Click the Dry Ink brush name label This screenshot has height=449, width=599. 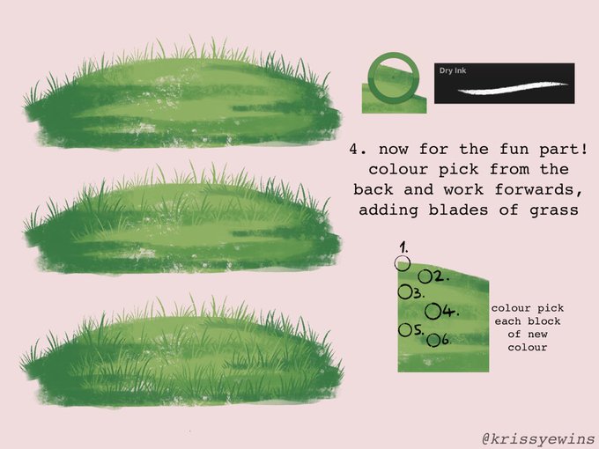453,70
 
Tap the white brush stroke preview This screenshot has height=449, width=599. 513,88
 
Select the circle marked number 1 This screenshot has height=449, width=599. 403,263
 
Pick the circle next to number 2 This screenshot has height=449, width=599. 425,276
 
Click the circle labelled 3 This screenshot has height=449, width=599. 404,292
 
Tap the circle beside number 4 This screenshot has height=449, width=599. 433,311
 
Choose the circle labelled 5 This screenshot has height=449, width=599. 404,330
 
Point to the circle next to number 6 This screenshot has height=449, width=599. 433,340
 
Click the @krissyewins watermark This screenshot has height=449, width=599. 539,438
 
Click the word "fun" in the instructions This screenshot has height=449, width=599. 514,149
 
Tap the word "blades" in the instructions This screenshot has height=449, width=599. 458,210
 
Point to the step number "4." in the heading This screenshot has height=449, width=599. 359,149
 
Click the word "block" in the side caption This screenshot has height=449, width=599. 544,321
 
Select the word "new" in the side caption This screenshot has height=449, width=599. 536,335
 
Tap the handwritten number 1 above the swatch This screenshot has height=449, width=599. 403,247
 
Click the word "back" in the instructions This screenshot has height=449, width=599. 373,189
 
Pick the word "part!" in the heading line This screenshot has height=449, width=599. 564,150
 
